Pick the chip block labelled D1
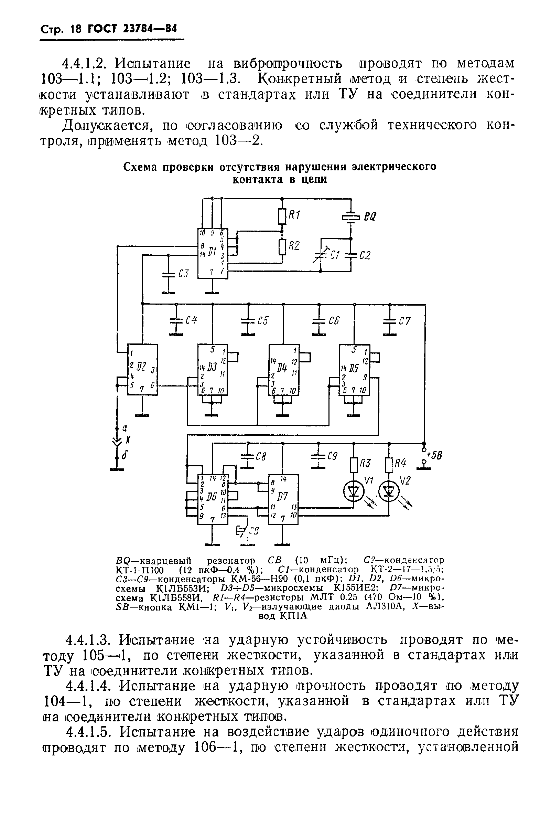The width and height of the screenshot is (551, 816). click(x=213, y=254)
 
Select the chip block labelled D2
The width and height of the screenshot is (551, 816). click(x=142, y=369)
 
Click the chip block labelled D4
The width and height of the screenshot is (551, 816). click(x=283, y=369)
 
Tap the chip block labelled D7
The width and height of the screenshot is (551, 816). click(x=283, y=500)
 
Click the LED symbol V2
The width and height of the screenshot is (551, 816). click(x=389, y=492)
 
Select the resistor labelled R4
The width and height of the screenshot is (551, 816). click(x=389, y=466)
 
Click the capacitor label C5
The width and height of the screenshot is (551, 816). click(x=262, y=320)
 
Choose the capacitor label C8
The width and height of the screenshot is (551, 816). click(x=261, y=457)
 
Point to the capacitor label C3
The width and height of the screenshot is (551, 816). click(x=183, y=273)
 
